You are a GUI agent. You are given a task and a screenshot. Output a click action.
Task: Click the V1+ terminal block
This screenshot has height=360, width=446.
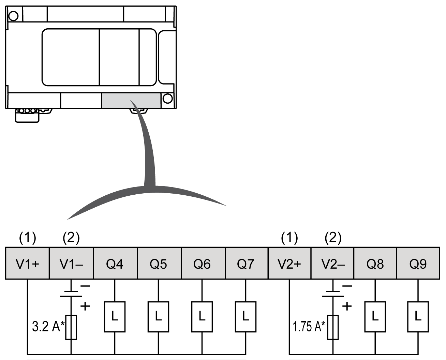point(28,264)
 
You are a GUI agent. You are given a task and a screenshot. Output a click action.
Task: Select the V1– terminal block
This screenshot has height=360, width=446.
point(71,264)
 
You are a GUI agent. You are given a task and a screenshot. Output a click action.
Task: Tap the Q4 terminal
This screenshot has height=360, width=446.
point(115,264)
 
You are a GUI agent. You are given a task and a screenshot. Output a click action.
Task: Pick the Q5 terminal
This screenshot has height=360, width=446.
point(159,264)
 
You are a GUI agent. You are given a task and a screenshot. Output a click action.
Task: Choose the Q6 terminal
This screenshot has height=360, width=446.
point(203,264)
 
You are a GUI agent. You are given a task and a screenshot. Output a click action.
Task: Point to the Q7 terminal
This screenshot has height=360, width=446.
point(246,264)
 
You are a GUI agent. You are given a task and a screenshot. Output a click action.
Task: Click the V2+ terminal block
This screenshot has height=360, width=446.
point(289,264)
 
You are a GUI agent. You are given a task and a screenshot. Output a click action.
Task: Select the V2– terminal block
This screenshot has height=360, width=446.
point(333,264)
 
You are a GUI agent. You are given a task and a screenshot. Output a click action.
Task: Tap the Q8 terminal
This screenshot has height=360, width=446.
point(375,264)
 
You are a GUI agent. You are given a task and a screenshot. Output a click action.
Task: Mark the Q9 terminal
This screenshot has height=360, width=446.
point(418,264)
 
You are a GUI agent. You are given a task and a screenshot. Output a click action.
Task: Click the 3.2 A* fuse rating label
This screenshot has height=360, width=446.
point(48,326)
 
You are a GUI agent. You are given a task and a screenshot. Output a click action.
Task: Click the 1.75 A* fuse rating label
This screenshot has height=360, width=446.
point(308,326)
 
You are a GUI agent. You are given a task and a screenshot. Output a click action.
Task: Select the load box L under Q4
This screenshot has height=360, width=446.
point(115,317)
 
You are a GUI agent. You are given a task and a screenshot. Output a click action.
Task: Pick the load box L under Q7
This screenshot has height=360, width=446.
point(246,317)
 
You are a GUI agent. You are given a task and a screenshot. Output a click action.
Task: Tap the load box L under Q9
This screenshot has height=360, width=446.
point(418,317)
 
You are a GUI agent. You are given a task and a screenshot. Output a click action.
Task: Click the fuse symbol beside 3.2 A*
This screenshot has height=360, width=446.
point(71,327)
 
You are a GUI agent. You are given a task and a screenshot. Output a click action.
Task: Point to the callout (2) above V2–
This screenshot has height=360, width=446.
point(333,238)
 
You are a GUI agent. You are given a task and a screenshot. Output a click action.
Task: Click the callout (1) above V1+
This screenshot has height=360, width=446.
point(28,238)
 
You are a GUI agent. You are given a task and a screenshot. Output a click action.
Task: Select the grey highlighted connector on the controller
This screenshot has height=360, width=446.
point(131,100)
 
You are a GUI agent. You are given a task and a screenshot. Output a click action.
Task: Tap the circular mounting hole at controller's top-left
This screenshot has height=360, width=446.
point(13,16)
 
